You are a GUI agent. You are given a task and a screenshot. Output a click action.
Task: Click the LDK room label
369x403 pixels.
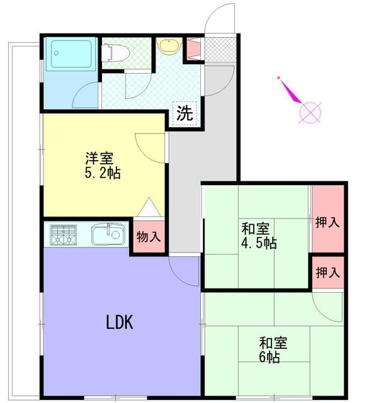tap(118, 322)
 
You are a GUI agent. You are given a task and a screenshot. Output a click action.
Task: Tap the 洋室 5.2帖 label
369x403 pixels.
tap(101, 165)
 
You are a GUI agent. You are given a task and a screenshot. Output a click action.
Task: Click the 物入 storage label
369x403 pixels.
tap(149, 237)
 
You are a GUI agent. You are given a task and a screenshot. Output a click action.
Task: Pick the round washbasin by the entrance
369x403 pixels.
tap(167, 46)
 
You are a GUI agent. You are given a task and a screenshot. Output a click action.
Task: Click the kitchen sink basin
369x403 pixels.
tap(105, 236)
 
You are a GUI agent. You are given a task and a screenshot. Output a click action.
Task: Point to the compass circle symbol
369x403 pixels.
tap(310, 113)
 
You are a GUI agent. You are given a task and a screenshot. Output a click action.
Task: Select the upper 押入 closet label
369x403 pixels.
tap(327, 223)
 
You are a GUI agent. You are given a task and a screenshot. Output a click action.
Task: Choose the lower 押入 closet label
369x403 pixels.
tap(327, 273)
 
